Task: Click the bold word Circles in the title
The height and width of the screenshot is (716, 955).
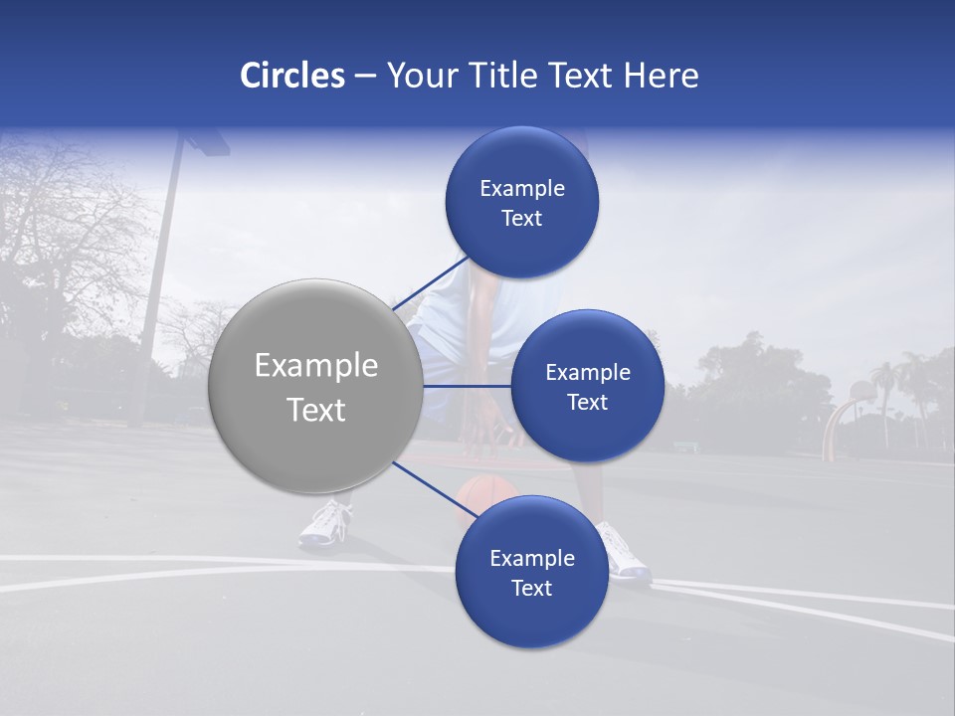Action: [291, 76]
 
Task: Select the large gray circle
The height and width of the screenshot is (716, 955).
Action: [314, 386]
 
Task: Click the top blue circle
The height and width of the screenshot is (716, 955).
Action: [521, 202]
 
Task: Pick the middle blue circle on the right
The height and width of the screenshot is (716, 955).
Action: [587, 386]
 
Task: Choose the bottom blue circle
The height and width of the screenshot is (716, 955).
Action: [531, 572]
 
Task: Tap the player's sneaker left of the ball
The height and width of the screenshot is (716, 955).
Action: [326, 523]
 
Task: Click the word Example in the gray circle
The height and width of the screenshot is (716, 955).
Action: [315, 366]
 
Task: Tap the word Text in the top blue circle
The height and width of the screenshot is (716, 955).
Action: [521, 218]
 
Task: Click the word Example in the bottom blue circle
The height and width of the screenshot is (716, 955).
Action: [531, 558]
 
